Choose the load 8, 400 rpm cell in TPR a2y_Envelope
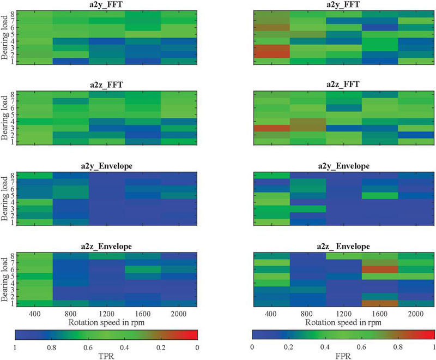pos(34,175)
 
